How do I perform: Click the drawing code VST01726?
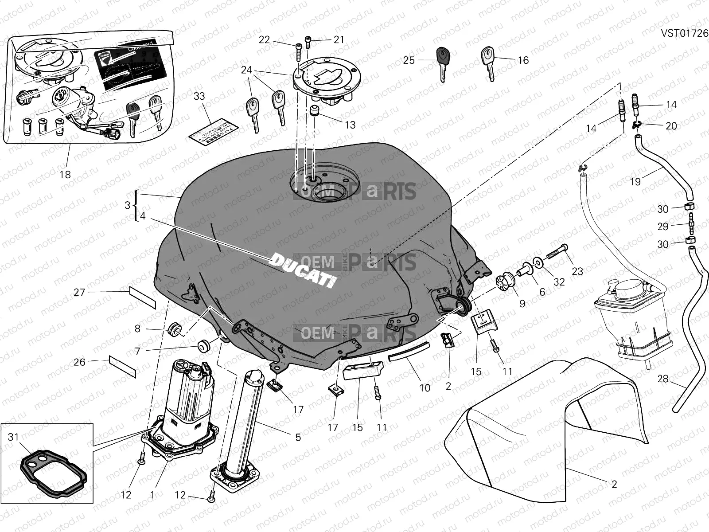(x=685, y=34)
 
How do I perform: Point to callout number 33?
(x=199, y=96)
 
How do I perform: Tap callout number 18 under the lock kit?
(x=65, y=175)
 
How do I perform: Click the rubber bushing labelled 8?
(x=174, y=329)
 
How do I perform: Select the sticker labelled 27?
(x=142, y=297)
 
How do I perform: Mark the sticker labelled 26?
(x=122, y=365)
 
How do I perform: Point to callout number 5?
(x=298, y=437)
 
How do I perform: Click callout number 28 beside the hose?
(x=662, y=379)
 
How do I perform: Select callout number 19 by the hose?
(x=635, y=181)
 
